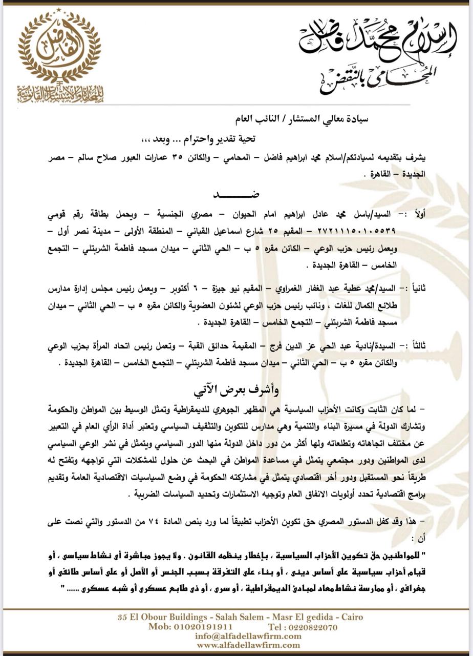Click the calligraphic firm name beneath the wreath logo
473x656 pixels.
pos(59,93)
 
